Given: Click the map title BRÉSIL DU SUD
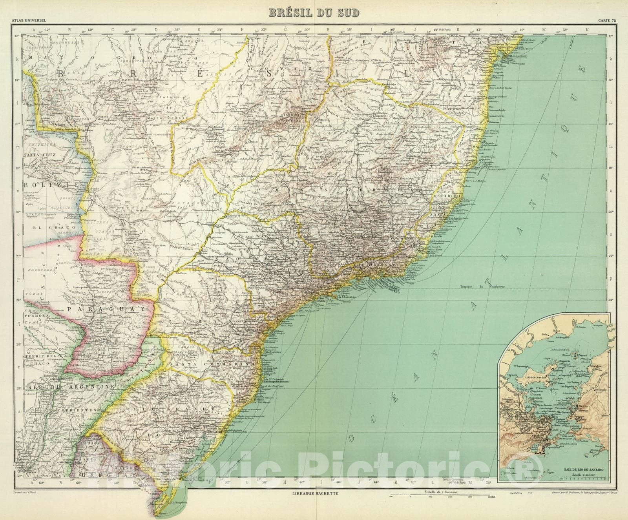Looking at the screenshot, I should pyautogui.click(x=314, y=13).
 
